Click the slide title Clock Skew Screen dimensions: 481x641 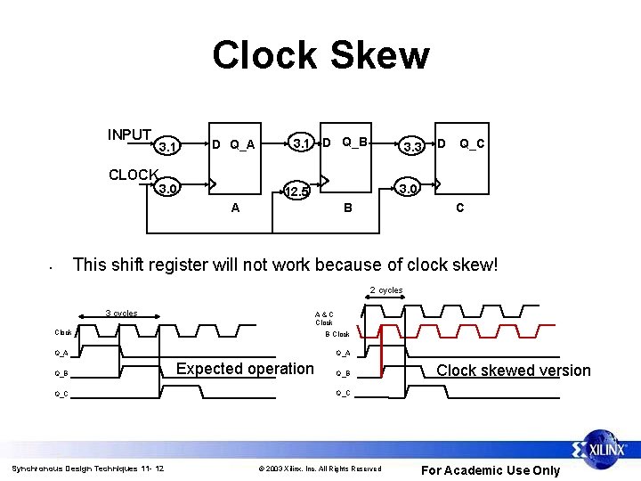[320, 55]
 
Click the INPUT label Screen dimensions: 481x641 [129, 135]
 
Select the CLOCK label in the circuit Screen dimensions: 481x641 [133, 175]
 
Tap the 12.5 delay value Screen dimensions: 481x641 [295, 192]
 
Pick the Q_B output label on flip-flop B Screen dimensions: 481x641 [355, 142]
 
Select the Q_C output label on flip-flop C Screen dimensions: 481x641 [472, 143]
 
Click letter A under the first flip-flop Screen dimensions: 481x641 [235, 208]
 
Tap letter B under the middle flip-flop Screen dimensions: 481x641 [349, 208]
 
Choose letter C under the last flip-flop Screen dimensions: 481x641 [459, 208]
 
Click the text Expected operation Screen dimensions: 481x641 [245, 369]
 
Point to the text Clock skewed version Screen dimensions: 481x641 [514, 371]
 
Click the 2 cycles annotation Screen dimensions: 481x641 [386, 290]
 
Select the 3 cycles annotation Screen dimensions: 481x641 [121, 314]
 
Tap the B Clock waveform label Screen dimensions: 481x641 [337, 334]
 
